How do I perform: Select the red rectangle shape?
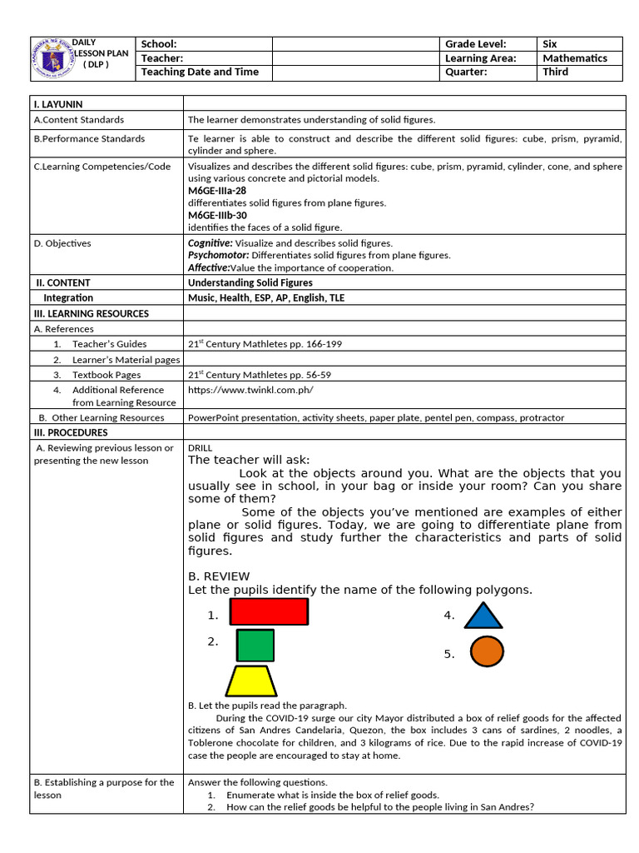[x=269, y=611]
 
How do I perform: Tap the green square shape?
[x=255, y=646]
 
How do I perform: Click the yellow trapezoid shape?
[x=251, y=681]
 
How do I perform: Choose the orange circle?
[x=487, y=651]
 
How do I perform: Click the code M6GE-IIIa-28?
[x=217, y=191]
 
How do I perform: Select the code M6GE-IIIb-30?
[x=217, y=215]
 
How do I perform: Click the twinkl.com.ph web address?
[x=250, y=390]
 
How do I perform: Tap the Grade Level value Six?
[x=550, y=44]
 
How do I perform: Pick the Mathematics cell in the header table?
[x=575, y=58]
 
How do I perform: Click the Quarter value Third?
[x=555, y=72]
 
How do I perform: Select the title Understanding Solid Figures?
[x=250, y=283]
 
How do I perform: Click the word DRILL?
[x=201, y=448]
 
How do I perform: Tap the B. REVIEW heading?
[x=219, y=576]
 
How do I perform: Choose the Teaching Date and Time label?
[x=200, y=72]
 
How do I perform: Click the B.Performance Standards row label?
[x=89, y=139]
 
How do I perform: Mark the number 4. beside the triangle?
[x=449, y=616]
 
